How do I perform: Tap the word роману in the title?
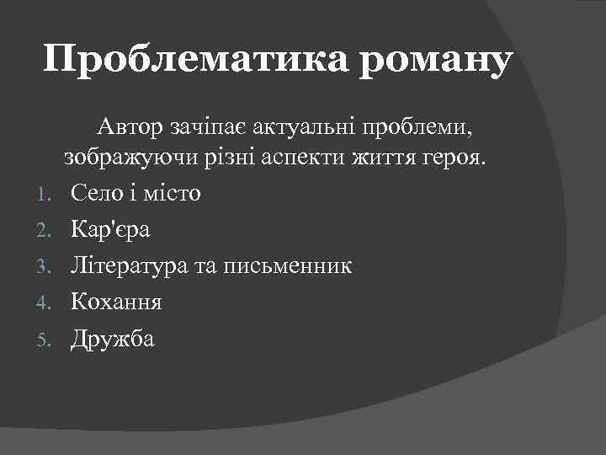pos(436,62)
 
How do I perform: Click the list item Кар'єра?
pos(111,229)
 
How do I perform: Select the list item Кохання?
pos(116,302)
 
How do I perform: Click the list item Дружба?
pos(113,339)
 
